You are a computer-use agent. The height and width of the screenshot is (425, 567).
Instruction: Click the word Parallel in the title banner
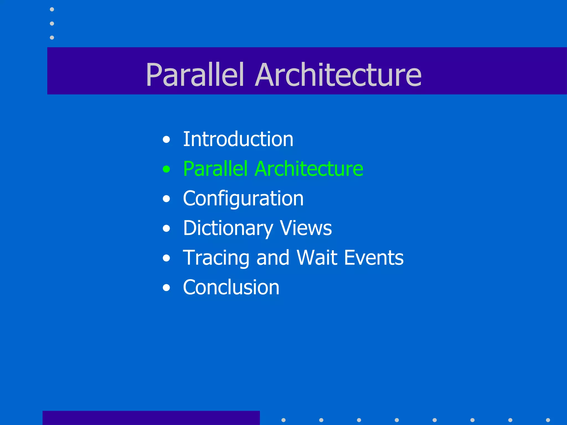click(x=195, y=75)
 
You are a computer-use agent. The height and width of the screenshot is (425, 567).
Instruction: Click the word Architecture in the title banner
click(x=338, y=75)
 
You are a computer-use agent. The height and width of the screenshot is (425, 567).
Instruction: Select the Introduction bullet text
click(x=238, y=139)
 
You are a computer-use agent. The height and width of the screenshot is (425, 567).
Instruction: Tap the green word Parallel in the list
click(x=215, y=169)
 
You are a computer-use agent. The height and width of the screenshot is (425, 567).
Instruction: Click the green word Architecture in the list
click(x=309, y=169)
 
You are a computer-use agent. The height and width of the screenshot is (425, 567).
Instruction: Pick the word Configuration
click(x=243, y=199)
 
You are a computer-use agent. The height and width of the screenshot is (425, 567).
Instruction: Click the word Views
click(x=306, y=228)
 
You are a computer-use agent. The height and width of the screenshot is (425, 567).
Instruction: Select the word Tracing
click(x=216, y=258)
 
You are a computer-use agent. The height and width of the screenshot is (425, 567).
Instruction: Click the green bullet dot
click(x=166, y=169)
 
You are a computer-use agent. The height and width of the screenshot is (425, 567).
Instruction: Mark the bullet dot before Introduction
click(x=166, y=139)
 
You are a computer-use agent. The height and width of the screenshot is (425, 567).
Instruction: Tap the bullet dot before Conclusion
click(x=166, y=288)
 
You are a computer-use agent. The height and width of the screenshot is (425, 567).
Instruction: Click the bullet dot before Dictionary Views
click(x=166, y=229)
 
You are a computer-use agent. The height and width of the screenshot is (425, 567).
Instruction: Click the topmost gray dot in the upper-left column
click(x=52, y=9)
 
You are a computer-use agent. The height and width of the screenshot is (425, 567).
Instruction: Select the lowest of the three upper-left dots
click(x=52, y=37)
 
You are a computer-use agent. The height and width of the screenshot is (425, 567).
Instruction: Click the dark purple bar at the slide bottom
click(x=151, y=418)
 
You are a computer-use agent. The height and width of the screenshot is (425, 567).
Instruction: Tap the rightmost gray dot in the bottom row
click(x=548, y=420)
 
